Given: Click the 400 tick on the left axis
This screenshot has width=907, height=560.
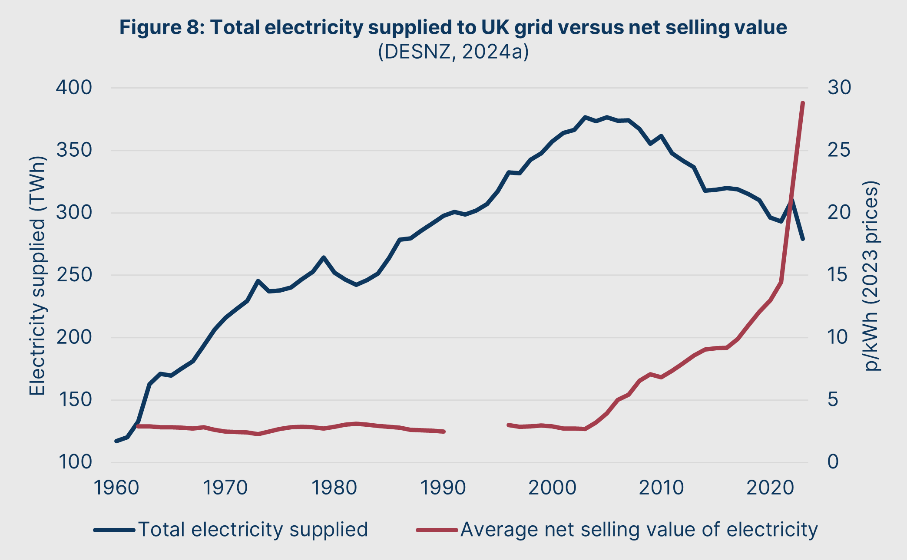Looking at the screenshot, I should (74, 88).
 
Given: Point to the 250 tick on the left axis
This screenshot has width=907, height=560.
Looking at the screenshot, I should (74, 275).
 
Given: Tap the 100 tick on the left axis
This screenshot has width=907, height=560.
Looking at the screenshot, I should (74, 462).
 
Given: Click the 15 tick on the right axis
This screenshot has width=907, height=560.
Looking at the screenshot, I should (838, 275).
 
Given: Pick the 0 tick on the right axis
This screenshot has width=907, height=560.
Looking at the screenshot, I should (833, 462).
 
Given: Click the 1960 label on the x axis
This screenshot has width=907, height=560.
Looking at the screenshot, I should (116, 488).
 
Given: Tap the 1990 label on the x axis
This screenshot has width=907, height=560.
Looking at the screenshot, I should (443, 488).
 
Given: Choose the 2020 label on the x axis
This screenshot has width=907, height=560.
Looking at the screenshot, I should (770, 488).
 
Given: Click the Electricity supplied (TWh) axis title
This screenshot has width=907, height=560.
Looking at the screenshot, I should (37, 276).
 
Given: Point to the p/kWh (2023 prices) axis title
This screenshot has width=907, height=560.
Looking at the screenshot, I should (871, 276).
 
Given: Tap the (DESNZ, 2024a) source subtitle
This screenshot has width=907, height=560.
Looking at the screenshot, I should (453, 51).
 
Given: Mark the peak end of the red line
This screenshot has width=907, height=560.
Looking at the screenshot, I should (803, 103).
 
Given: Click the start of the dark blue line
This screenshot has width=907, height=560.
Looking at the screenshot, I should (116, 441).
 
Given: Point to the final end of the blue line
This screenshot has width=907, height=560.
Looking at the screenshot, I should (803, 239).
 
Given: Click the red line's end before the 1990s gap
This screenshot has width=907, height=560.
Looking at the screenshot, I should (444, 432).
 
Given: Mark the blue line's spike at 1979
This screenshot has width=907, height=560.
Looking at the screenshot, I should (324, 257).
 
